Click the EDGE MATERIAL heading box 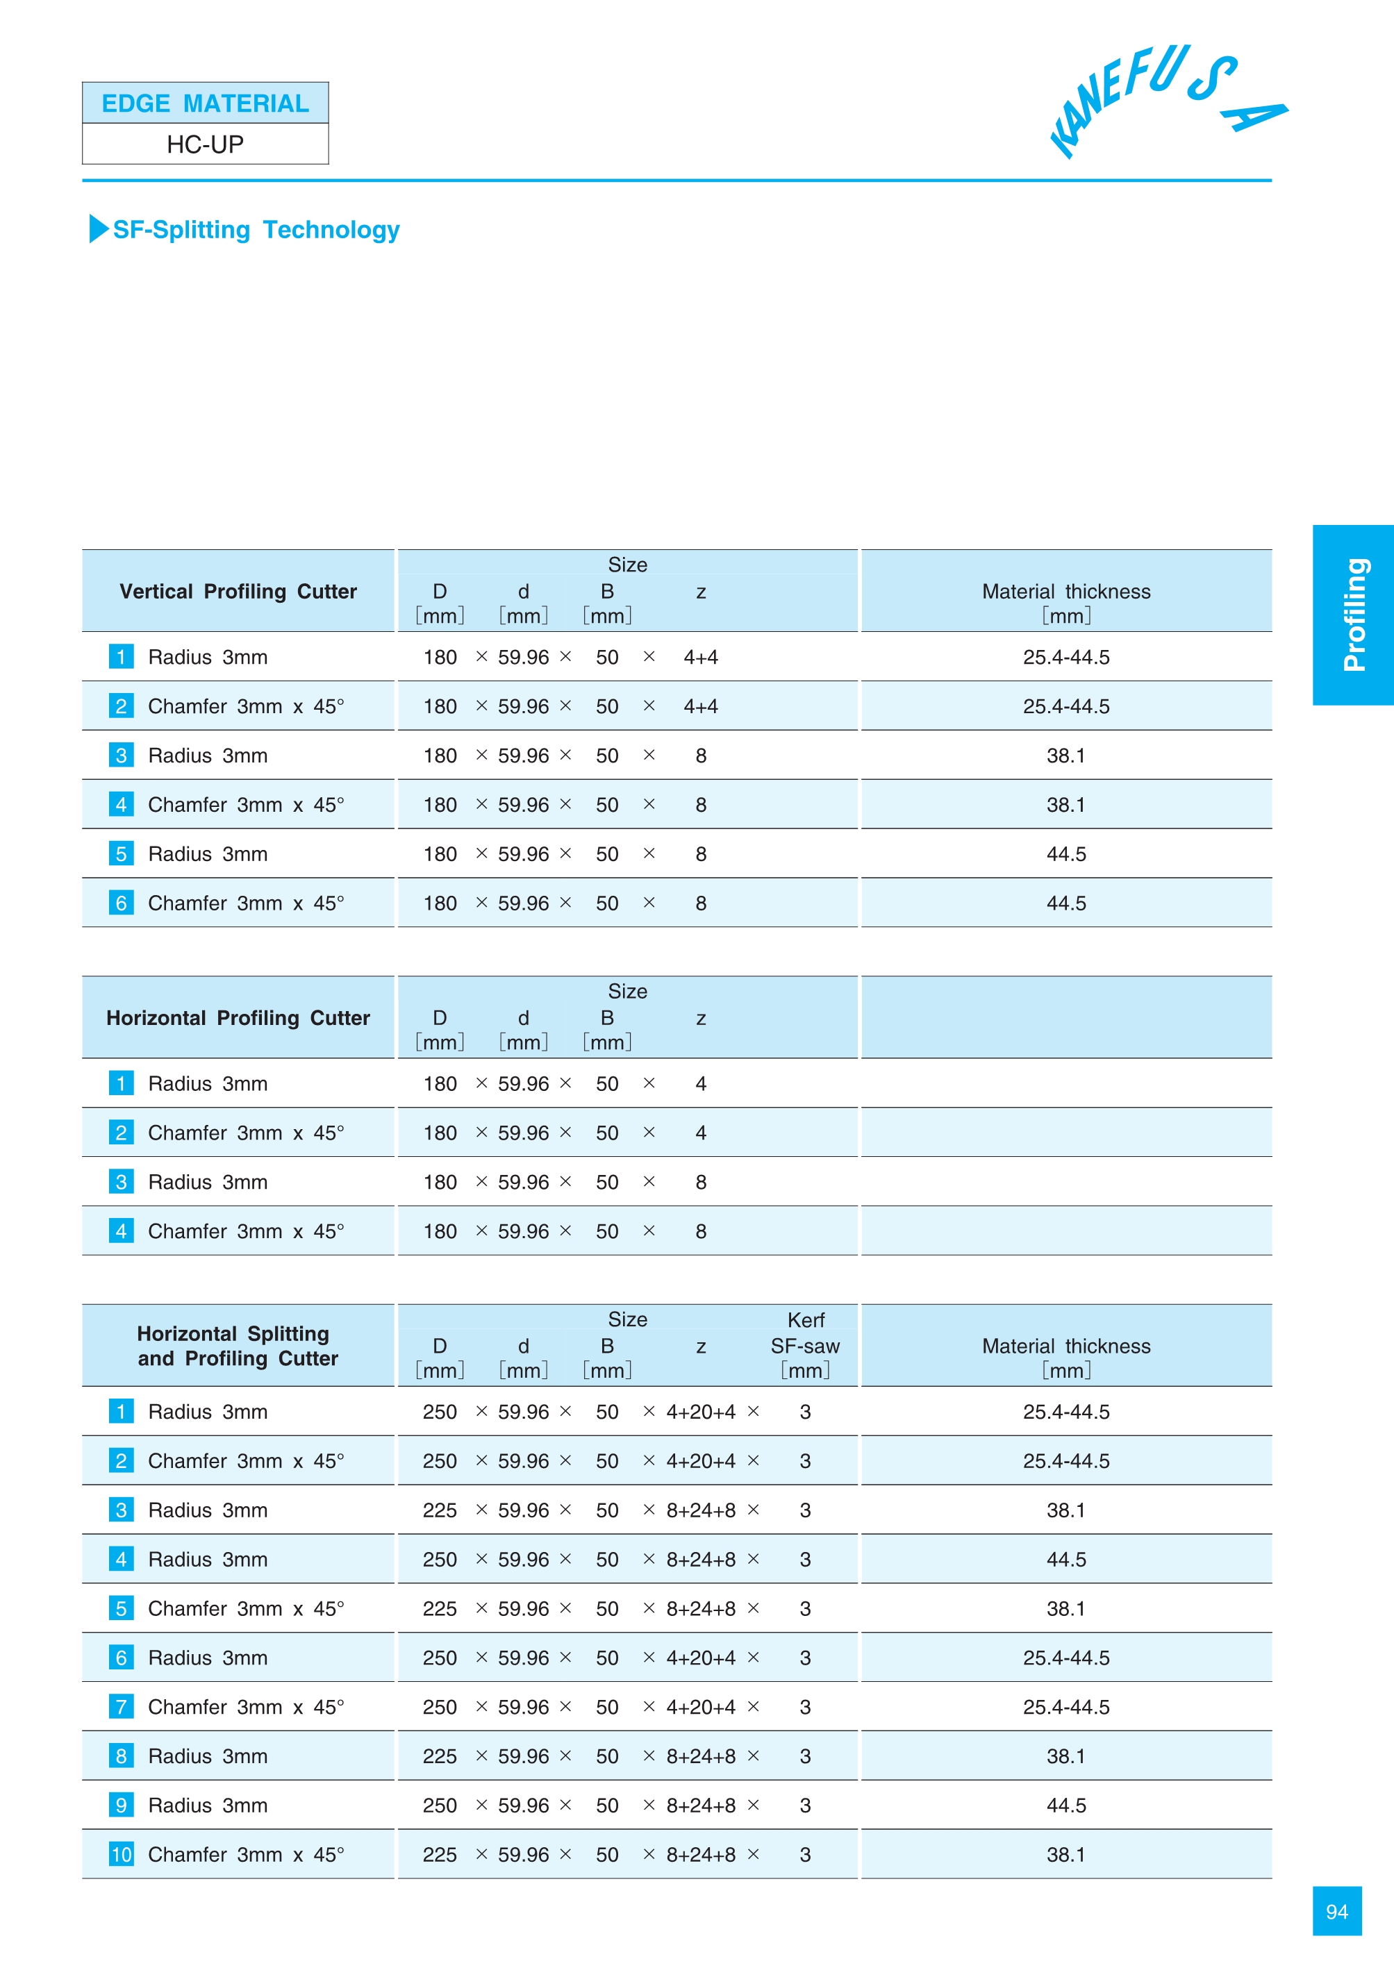pos(205,103)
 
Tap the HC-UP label pos(205,144)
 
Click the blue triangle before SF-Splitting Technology pos(99,228)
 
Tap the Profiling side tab pos(1353,615)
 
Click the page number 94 pos(1336,1911)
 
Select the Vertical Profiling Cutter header pos(238,592)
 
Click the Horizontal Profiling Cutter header pos(238,1018)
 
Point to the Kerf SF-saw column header pos(805,1345)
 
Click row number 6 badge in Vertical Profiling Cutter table pos(121,903)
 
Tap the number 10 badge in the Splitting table pos(121,1855)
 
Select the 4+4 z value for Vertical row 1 pos(700,658)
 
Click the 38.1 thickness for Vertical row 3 pos(1066,756)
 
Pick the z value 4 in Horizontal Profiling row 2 pos(700,1133)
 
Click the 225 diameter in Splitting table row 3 pos(440,1510)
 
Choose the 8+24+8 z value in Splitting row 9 pos(700,1806)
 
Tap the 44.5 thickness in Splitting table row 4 pos(1066,1560)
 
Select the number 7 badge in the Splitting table pos(121,1707)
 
